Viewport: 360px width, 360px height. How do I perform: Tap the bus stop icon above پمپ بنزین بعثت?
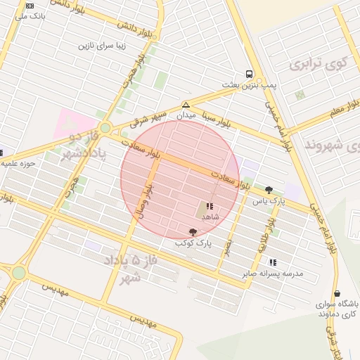tap(249, 75)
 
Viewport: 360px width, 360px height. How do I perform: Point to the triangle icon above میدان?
tap(186, 104)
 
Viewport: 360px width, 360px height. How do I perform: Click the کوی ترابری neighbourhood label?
tap(318, 64)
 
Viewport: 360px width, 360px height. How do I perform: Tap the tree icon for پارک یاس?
tap(269, 190)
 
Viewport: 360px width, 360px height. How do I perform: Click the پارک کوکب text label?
tap(193, 243)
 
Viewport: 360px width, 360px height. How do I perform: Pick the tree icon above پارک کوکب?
tap(193, 232)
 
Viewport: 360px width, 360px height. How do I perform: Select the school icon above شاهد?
tap(210, 207)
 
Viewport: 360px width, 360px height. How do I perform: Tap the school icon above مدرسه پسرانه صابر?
tap(272, 262)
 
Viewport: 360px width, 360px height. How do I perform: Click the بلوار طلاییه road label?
tap(269, 229)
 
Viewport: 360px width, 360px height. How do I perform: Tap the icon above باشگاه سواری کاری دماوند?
tap(337, 294)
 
